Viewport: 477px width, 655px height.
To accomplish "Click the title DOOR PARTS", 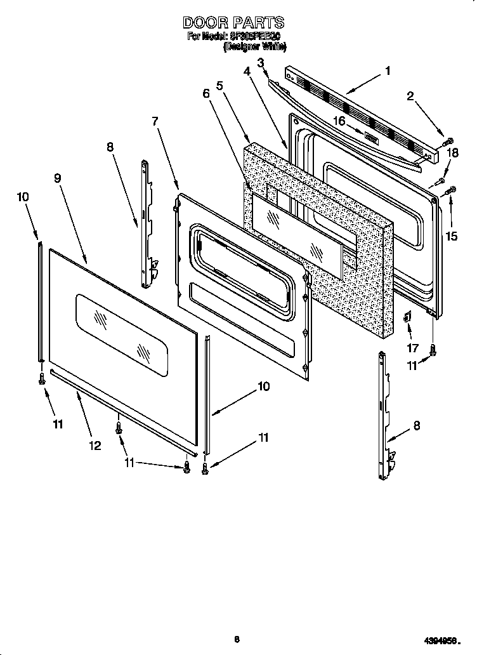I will point(233,23).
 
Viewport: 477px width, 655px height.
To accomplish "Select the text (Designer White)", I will point(255,46).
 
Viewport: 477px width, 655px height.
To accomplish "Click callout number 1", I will point(388,71).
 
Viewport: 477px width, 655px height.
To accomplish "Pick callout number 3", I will point(260,62).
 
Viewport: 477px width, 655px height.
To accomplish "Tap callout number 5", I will point(219,84).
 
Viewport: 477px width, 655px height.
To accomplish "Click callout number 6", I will point(206,93).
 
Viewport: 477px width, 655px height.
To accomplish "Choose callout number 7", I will point(155,121).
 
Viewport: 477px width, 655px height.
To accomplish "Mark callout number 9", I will point(57,178).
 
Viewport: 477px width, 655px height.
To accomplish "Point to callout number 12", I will point(95,446).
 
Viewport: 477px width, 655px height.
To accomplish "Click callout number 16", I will point(339,121).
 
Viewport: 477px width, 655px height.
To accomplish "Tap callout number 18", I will point(452,152).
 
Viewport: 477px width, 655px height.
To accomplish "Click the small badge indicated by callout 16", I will point(372,136).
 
